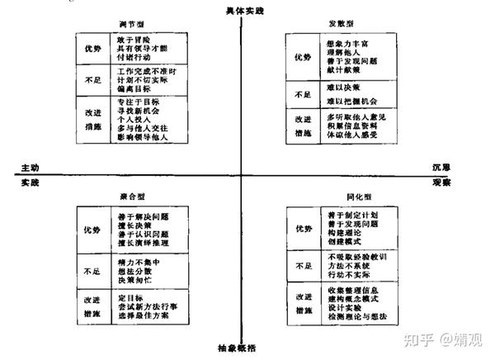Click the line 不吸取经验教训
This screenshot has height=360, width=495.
tap(351, 257)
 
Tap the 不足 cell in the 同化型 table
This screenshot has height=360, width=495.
tap(303, 266)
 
